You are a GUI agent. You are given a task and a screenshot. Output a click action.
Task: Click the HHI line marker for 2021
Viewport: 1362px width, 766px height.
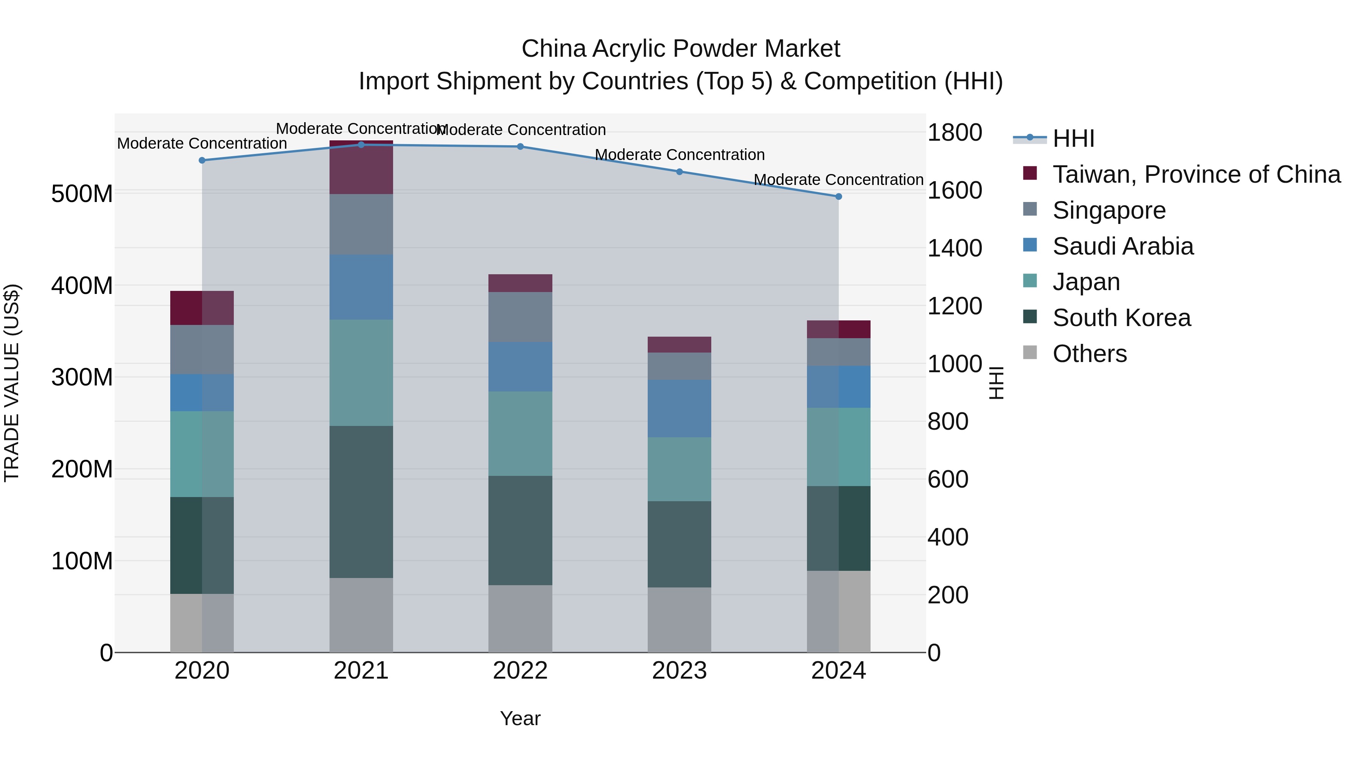pyautogui.click(x=361, y=145)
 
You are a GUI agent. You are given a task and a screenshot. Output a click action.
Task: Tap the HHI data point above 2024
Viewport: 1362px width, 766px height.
pyautogui.click(x=838, y=197)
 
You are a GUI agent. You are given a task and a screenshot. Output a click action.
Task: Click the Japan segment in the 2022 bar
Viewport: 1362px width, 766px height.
pyautogui.click(x=520, y=433)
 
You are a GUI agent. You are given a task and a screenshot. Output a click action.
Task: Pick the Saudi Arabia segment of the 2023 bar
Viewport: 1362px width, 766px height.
pyautogui.click(x=679, y=408)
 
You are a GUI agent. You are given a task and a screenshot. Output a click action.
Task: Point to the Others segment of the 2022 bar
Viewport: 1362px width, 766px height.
pyautogui.click(x=520, y=618)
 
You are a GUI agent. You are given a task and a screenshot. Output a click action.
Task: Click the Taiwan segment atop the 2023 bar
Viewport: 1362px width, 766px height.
pyautogui.click(x=679, y=344)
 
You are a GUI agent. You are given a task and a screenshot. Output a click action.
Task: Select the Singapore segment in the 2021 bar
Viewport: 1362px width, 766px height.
pyautogui.click(x=361, y=224)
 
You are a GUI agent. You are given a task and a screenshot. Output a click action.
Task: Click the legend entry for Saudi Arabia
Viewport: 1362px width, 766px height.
pyautogui.click(x=1123, y=246)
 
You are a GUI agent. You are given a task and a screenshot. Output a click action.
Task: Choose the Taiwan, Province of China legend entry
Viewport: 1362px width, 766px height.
pyautogui.click(x=1196, y=174)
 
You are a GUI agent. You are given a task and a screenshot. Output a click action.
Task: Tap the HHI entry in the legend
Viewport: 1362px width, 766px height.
pyautogui.click(x=1073, y=138)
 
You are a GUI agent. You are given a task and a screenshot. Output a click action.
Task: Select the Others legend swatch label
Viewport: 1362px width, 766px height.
pyautogui.click(x=1089, y=354)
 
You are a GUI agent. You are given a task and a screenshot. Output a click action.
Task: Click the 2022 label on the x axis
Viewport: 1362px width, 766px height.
pyautogui.click(x=520, y=671)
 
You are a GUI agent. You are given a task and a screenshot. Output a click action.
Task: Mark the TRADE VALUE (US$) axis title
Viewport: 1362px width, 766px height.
pyautogui.click(x=12, y=383)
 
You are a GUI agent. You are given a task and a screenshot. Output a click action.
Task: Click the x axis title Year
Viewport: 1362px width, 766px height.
pyautogui.click(x=520, y=718)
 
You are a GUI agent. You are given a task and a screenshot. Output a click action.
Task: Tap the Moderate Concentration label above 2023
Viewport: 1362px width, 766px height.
pyautogui.click(x=679, y=155)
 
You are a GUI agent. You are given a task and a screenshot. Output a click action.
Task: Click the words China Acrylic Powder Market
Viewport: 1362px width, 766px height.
pyautogui.click(x=681, y=49)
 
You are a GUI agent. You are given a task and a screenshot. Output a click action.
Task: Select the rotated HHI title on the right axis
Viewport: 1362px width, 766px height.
pyautogui.click(x=996, y=383)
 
